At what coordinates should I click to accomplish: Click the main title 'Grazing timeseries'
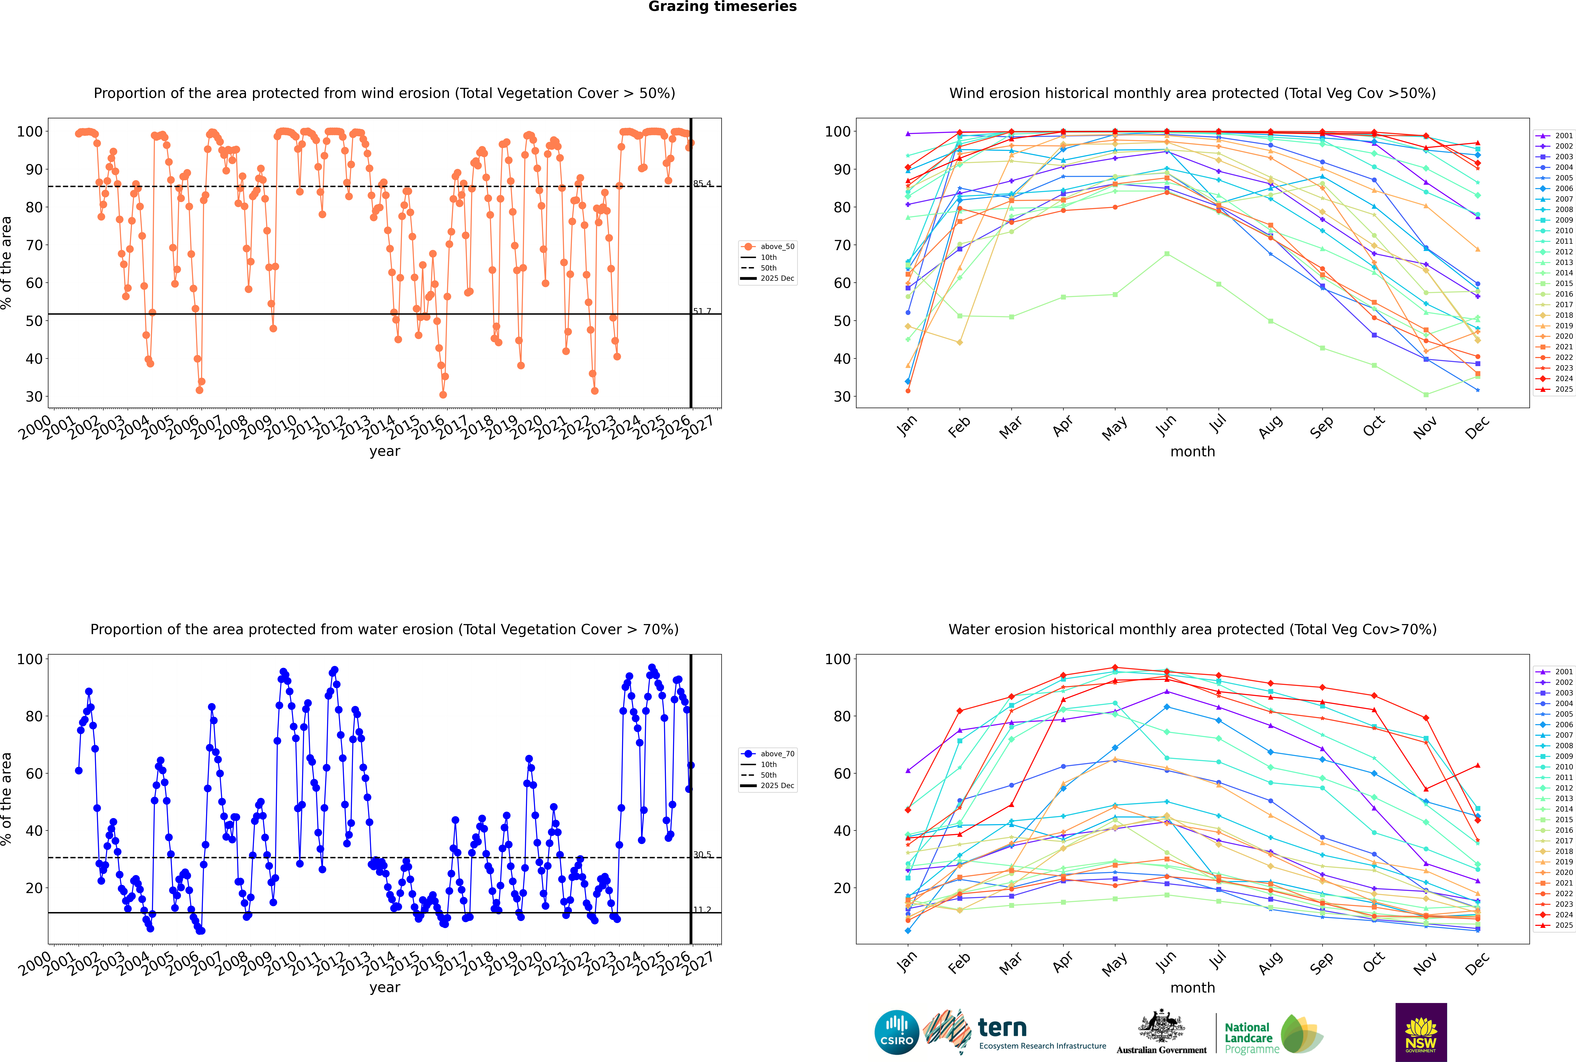coord(722,7)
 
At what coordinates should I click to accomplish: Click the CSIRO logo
coord(896,1032)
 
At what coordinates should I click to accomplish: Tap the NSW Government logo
coord(1421,1032)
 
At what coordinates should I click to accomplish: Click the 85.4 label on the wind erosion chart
coord(702,184)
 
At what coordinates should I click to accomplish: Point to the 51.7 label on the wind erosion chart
coord(702,311)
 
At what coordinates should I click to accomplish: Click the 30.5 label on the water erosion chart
coord(702,855)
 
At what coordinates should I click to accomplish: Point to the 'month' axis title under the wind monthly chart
coord(1192,452)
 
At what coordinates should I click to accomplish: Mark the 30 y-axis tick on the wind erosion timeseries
coord(34,397)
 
